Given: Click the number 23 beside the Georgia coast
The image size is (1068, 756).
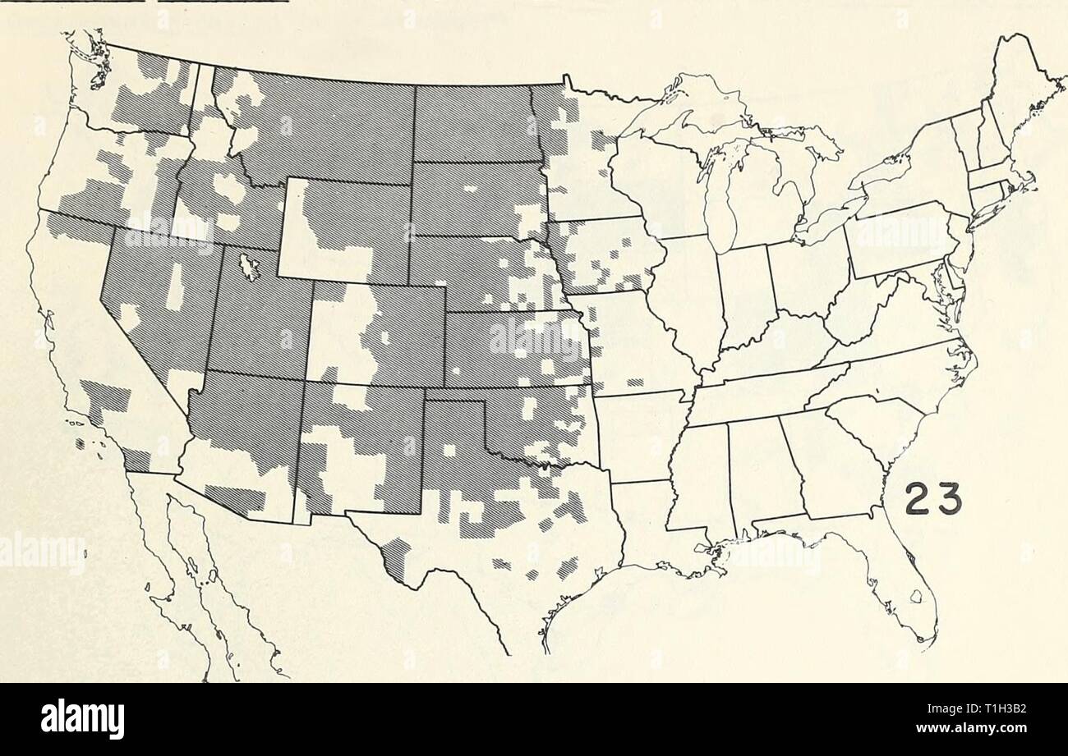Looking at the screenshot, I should (x=932, y=497).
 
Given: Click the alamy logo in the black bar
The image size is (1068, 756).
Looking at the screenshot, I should (x=82, y=719).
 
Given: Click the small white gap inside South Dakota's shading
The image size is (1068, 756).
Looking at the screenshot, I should (x=471, y=188).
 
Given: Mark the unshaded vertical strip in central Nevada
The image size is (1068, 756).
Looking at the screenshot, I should (x=174, y=287).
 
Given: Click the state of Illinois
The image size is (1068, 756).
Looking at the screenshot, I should (x=686, y=296).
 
